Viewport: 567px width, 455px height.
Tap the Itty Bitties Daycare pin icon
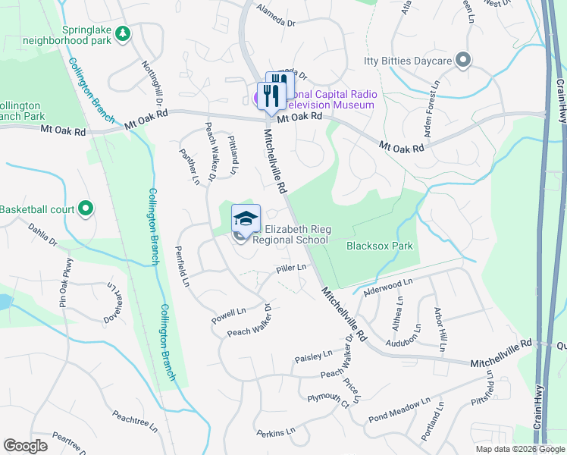(464, 61)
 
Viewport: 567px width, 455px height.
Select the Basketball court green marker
(86, 208)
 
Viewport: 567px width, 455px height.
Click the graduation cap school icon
(246, 218)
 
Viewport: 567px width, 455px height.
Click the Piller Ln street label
(291, 268)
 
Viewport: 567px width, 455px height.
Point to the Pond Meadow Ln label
(399, 412)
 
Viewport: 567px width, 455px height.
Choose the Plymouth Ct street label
(327, 400)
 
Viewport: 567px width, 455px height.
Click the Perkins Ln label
(275, 432)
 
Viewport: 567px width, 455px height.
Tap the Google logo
(25, 446)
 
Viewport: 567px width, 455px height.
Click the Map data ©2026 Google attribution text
(519, 449)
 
